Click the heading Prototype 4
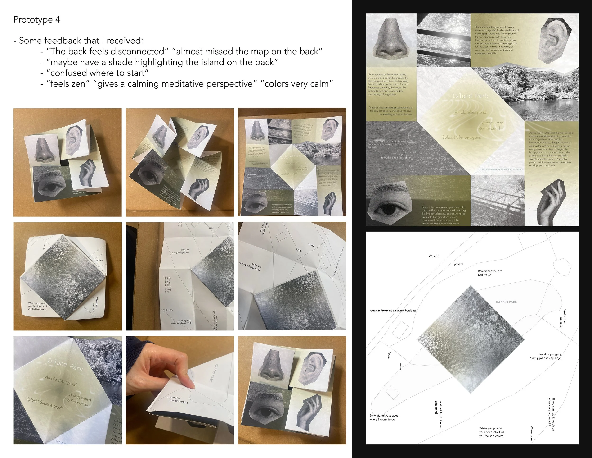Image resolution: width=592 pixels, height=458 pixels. coord(37,20)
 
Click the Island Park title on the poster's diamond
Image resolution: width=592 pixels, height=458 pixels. coord(470,96)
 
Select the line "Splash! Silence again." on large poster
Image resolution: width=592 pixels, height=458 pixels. coord(461,137)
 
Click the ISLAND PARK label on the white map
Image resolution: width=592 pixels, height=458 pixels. coord(506,302)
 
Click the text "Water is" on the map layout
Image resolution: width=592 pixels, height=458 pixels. coord(434,256)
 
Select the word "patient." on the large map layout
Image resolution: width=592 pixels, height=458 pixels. coord(459,264)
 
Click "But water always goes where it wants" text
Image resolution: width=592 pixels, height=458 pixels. coord(384,417)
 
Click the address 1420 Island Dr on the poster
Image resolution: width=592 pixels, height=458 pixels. coord(501,169)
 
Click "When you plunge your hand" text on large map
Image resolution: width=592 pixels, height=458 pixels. coord(491,432)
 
